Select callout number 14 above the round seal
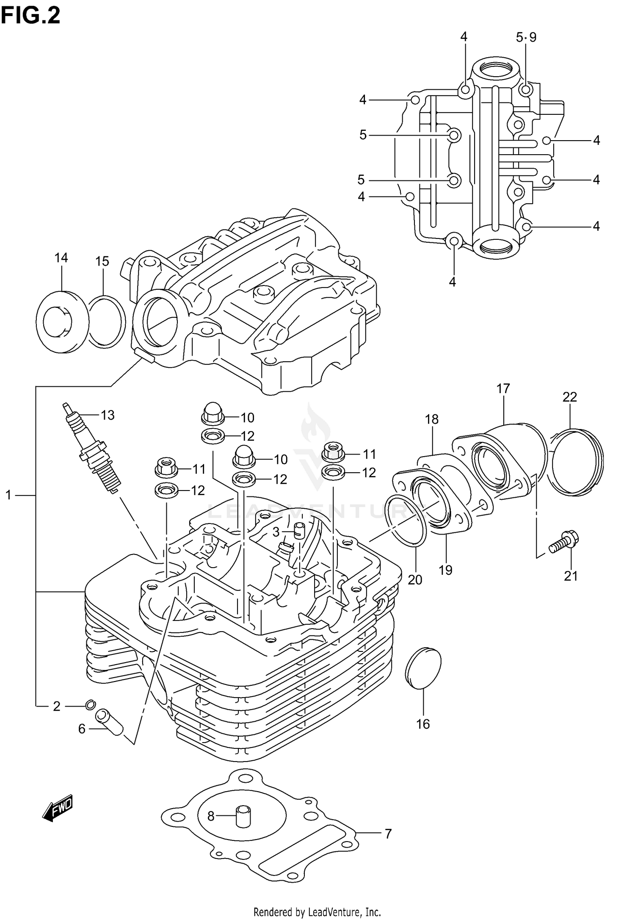(61, 258)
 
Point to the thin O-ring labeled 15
(107, 322)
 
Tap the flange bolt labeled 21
(564, 542)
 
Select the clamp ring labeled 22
(576, 462)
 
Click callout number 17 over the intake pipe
(503, 388)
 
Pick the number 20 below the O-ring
(415, 579)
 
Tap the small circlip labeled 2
(89, 704)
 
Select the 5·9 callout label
(526, 37)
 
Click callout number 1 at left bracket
(8, 494)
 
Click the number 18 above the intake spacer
(431, 419)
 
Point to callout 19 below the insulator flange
(445, 570)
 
